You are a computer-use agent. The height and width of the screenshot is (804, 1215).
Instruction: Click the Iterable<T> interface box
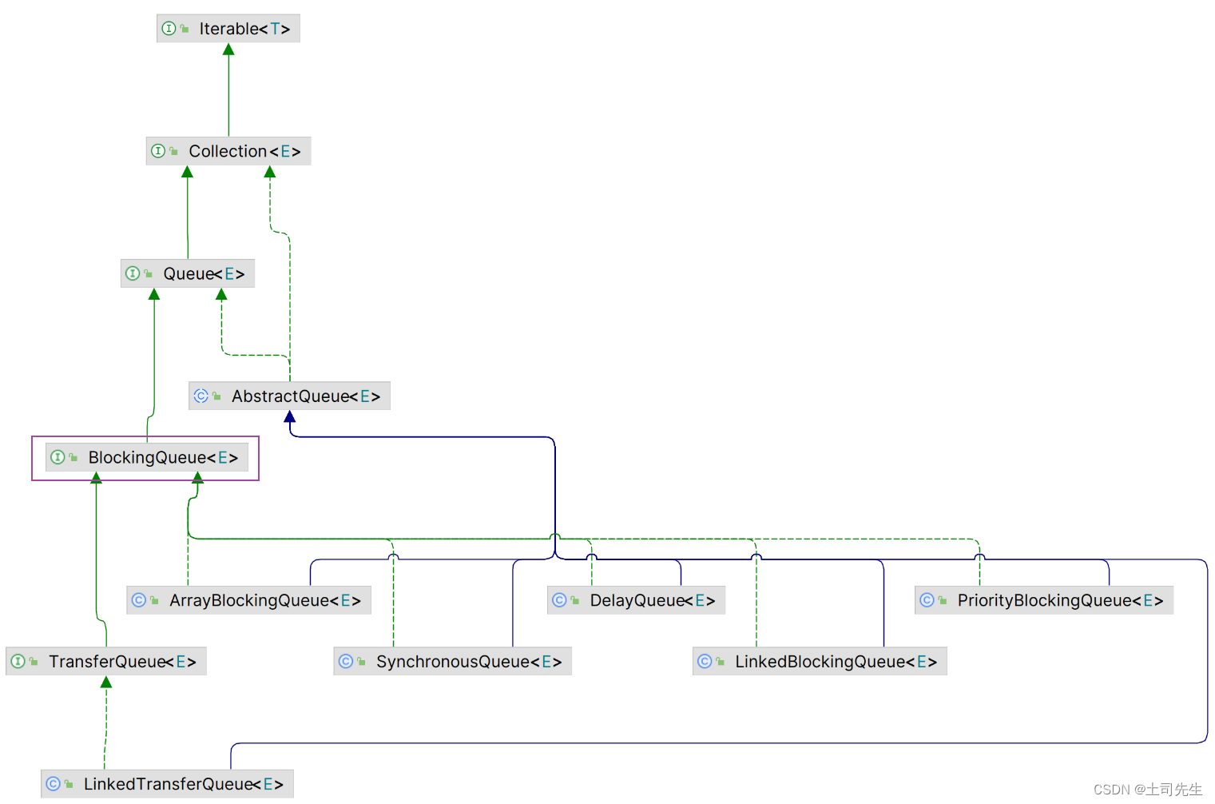click(228, 29)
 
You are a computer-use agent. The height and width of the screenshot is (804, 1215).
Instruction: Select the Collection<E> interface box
click(228, 151)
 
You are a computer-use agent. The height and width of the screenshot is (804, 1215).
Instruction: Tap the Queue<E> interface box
click(188, 273)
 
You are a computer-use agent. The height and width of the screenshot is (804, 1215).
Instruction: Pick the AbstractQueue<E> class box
click(289, 396)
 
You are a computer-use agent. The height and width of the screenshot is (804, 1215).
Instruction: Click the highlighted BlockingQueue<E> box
click(147, 458)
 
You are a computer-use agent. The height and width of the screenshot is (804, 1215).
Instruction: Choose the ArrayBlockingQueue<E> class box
click(248, 600)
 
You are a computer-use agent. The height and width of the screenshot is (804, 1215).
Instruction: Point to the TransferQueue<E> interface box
click(106, 661)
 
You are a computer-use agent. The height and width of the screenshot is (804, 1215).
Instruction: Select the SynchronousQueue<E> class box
click(452, 661)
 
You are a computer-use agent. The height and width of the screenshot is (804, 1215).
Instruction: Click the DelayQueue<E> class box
click(636, 600)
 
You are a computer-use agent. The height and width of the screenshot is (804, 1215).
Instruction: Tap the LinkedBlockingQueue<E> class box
click(820, 661)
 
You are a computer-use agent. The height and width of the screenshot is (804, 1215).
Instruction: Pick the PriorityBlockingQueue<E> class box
click(1043, 600)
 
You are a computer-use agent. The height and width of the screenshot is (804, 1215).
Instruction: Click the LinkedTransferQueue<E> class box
click(167, 784)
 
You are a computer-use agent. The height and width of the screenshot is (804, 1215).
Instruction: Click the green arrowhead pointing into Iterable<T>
click(228, 50)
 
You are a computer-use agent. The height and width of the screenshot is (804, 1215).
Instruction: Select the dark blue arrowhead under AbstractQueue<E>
click(290, 416)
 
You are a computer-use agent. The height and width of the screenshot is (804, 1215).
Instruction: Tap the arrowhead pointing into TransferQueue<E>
click(106, 682)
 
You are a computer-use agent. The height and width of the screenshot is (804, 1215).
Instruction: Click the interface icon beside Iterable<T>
click(169, 29)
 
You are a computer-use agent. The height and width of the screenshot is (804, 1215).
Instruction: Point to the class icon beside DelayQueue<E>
click(559, 600)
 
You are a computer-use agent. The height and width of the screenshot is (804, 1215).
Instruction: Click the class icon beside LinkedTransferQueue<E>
click(53, 784)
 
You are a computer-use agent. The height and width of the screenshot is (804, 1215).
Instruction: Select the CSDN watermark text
click(1147, 790)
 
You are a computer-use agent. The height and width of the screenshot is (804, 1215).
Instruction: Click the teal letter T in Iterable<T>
click(275, 29)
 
